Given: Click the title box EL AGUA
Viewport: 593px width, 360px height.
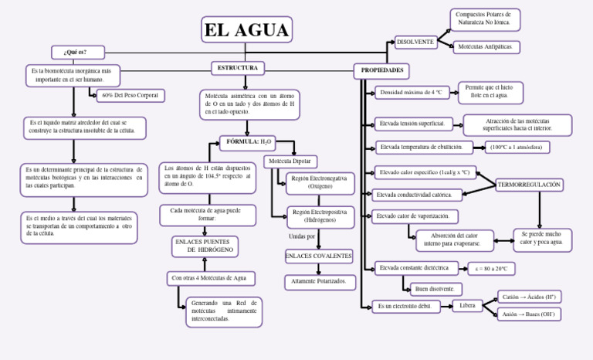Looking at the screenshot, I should (246, 30).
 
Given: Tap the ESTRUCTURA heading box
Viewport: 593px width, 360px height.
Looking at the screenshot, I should (237, 69).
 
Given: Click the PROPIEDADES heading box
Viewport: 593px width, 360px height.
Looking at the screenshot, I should (382, 70).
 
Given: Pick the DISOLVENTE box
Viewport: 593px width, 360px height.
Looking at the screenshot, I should (415, 42).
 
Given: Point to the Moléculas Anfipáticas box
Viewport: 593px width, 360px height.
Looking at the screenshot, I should (486, 48).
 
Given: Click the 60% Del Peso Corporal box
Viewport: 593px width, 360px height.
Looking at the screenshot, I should (130, 96).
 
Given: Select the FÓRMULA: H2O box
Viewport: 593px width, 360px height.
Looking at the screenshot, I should (246, 142).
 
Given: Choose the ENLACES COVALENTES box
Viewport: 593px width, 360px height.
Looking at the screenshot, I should (318, 256).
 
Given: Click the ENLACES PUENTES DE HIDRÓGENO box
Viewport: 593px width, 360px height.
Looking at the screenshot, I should (203, 246).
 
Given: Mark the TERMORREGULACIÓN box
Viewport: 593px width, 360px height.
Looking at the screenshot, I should (529, 185).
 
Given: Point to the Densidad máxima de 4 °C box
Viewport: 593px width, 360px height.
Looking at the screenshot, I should (412, 93).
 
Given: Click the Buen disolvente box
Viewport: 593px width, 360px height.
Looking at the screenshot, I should (435, 289).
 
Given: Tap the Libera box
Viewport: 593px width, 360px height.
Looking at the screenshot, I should (467, 306).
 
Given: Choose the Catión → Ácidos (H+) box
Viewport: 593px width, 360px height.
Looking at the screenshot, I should (529, 297).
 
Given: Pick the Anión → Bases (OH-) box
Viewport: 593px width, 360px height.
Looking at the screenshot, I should (529, 314).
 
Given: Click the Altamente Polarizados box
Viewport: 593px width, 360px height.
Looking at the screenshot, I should (320, 282).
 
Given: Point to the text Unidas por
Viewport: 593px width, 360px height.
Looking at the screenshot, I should (301, 236).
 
